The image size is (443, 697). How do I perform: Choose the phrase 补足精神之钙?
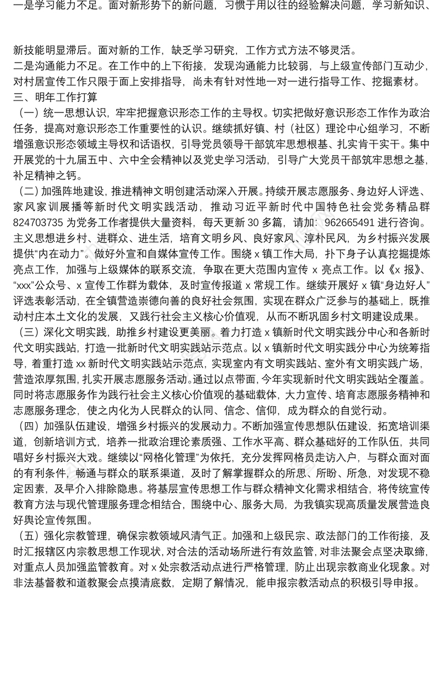(x=45, y=177)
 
